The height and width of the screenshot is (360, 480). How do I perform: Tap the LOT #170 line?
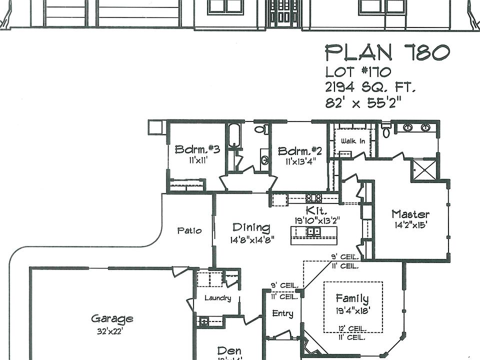(x=358, y=72)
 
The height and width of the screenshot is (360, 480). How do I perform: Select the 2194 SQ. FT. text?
(x=370, y=87)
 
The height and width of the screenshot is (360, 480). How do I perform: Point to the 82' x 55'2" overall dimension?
(x=363, y=103)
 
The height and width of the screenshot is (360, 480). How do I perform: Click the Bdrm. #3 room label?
(x=197, y=149)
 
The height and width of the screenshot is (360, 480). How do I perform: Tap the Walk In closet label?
(x=352, y=141)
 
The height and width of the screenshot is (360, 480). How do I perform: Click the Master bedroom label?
(x=410, y=214)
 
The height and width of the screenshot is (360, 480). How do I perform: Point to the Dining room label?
(x=251, y=228)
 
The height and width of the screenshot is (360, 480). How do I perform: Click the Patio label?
(x=189, y=230)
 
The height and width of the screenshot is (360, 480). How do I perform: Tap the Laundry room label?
(x=218, y=298)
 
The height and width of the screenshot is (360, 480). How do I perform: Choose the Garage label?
(x=112, y=318)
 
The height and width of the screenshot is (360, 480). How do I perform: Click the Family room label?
(x=352, y=299)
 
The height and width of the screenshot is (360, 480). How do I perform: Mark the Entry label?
(x=282, y=313)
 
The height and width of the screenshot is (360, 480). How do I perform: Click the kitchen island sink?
(x=314, y=232)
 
